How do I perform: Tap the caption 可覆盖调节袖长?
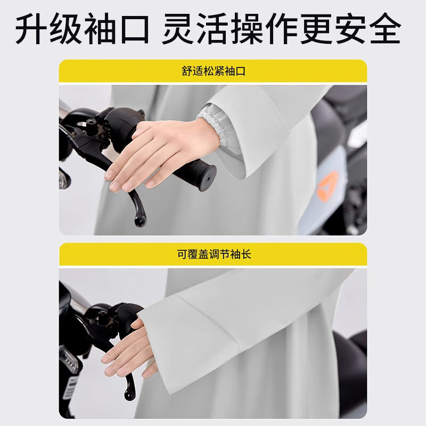click(x=213, y=255)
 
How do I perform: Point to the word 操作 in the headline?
click(x=266, y=29)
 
